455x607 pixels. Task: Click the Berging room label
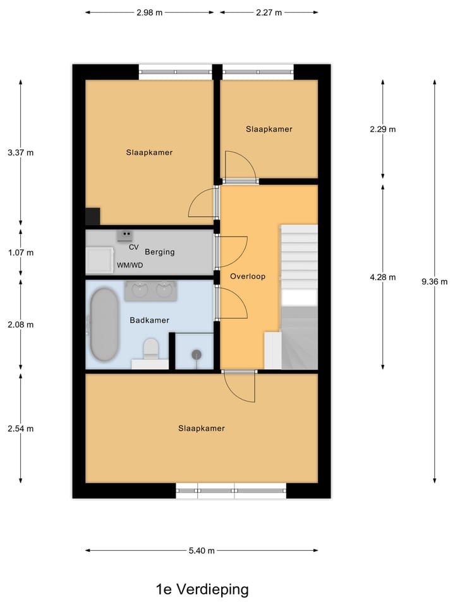[x=159, y=252]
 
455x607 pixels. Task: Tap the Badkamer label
[x=150, y=320]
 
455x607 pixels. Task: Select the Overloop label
[x=248, y=276]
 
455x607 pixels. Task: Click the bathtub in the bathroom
[x=104, y=325]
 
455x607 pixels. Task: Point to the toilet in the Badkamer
[x=150, y=348]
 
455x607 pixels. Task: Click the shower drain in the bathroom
[x=196, y=355]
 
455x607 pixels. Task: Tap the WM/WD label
[x=130, y=265]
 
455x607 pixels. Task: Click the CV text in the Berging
[x=133, y=247]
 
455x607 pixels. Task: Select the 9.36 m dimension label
[x=434, y=282]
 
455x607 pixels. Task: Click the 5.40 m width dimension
[x=202, y=551]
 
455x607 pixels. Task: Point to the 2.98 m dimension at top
[x=149, y=12]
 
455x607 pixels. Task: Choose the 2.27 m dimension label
[x=269, y=12]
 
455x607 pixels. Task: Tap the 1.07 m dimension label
[x=21, y=252]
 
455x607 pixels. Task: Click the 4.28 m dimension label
[x=383, y=277]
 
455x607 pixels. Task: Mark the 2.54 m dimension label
[x=21, y=428]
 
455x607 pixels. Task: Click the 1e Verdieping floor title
[x=202, y=589]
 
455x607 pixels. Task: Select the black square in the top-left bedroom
[x=93, y=216]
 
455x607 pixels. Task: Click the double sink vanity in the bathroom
[x=150, y=291]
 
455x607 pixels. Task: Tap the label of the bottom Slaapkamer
[x=202, y=428]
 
